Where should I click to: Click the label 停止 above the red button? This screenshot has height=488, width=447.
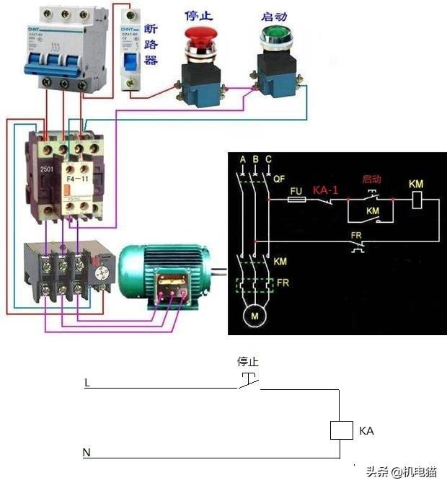[197, 14]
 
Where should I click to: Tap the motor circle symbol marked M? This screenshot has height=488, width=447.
[253, 316]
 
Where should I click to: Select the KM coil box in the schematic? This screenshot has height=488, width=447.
[416, 200]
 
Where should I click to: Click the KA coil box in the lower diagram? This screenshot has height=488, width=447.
[340, 430]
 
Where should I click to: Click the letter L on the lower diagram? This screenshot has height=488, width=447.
[87, 383]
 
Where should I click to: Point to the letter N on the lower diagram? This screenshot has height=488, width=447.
[87, 453]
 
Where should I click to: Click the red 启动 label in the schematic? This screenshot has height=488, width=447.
[373, 178]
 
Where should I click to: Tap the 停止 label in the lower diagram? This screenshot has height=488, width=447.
[248, 362]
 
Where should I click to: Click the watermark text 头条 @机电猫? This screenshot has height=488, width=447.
[401, 472]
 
